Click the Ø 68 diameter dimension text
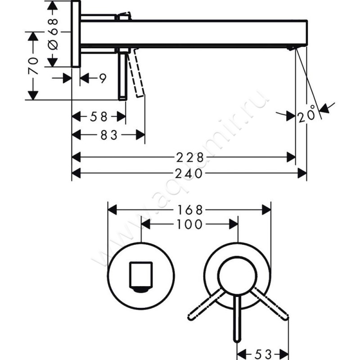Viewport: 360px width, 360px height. click(54, 35)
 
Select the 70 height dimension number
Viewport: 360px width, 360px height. click(33, 66)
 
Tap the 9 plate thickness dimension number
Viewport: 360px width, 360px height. click(103, 78)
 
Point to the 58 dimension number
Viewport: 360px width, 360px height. click(99, 117)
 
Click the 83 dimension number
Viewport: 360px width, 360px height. click(109, 135)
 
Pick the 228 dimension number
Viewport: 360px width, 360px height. click(190, 157)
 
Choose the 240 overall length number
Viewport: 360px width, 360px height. click(189, 173)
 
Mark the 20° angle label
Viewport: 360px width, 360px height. click(307, 114)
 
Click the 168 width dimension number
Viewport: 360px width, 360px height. click(190, 210)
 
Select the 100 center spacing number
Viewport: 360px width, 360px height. click(189, 224)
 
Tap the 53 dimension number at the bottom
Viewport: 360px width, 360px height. click(263, 355)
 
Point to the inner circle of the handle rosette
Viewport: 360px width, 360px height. click(238, 276)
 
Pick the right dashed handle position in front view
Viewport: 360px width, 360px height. click(270, 303)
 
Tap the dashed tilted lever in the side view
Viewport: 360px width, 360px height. click(136, 72)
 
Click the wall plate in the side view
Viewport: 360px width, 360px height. click(76, 34)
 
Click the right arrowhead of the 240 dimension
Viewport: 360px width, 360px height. click(302, 173)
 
